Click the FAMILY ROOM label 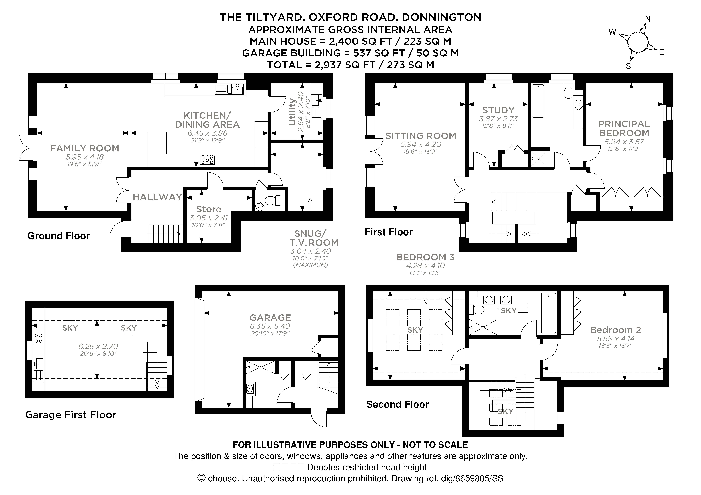[x=85, y=148]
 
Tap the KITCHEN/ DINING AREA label [x=207, y=120]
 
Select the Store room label [x=209, y=209]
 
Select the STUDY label [x=498, y=110]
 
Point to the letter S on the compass [x=628, y=66]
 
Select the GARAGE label [x=270, y=318]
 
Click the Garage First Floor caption [x=70, y=415]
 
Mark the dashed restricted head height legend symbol [x=289, y=467]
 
